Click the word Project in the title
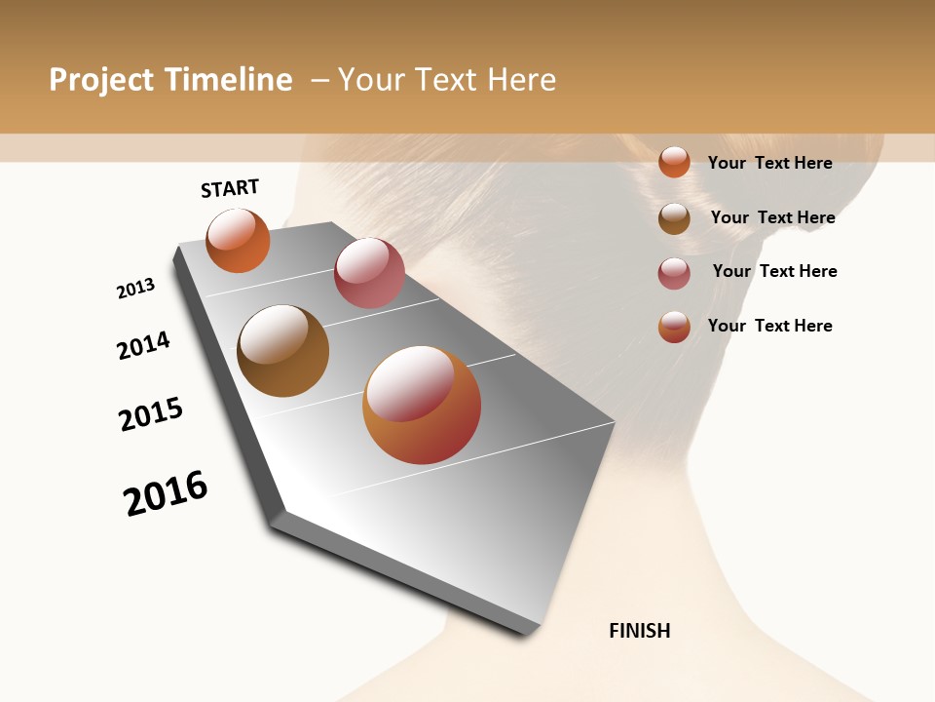(x=100, y=80)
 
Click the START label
(x=230, y=188)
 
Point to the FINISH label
(x=639, y=631)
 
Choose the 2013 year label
(x=135, y=289)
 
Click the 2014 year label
(x=143, y=345)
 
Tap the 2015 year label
(x=151, y=414)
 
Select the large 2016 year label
(x=166, y=493)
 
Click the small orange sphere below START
(x=238, y=241)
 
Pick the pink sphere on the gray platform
(x=369, y=273)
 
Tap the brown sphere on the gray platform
(x=282, y=351)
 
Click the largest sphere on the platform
(x=422, y=405)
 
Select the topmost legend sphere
(x=674, y=162)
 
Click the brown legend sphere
(x=674, y=218)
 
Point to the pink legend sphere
(x=674, y=273)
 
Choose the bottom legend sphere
(x=674, y=327)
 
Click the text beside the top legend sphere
(x=769, y=163)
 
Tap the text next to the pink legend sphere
(x=774, y=271)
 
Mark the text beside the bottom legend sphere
(x=769, y=326)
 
